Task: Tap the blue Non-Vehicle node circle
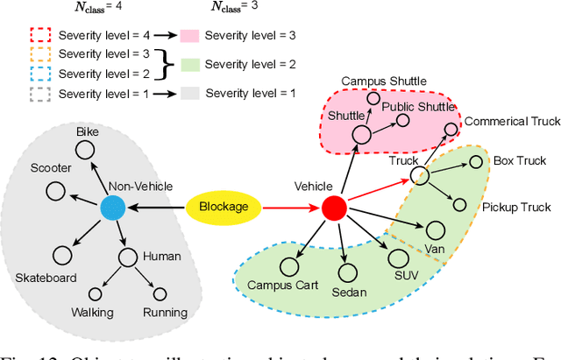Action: tap(112, 208)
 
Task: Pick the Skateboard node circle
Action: tap(61, 256)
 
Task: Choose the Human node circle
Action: tap(128, 257)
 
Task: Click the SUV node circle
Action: tap(398, 258)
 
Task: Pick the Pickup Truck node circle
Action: tap(460, 204)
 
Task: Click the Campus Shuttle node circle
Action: tap(373, 99)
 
